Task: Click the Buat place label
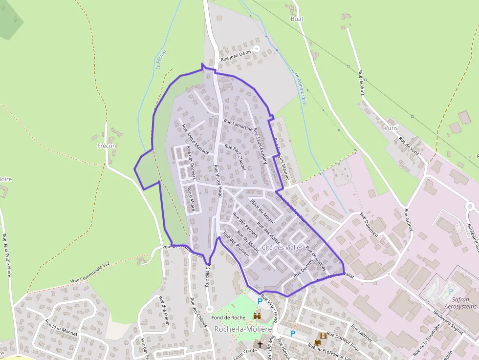[297, 19]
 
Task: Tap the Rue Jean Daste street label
[236, 54]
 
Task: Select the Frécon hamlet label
[107, 146]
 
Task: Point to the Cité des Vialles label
[283, 248]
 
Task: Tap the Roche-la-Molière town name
[243, 329]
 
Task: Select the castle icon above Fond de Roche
[257, 317]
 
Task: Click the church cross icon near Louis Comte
[260, 345]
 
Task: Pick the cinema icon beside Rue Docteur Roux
[322, 336]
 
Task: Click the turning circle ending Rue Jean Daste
[256, 49]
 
